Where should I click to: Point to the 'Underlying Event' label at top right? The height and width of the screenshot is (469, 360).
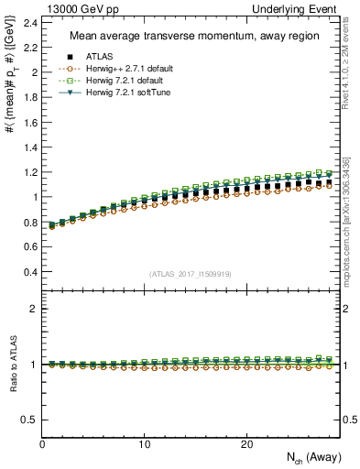point(303,8)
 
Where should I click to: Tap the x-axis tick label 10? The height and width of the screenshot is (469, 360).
point(144,443)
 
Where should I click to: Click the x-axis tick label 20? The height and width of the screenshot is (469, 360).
point(245,443)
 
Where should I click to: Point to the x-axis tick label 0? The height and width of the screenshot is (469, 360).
point(42,443)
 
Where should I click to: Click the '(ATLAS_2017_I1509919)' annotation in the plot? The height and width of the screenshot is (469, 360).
point(190,274)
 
